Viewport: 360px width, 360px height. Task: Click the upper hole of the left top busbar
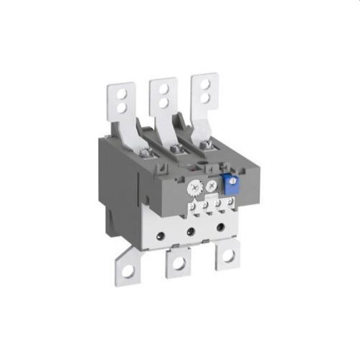pos(122,90)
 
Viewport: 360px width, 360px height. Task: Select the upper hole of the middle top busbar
pos(163,89)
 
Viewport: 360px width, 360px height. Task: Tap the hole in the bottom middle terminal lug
pos(178,262)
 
